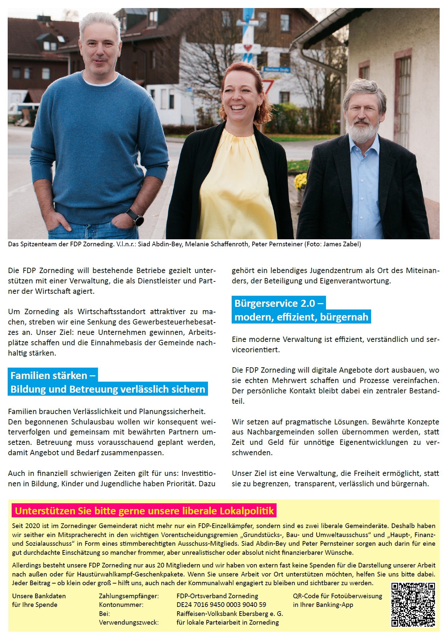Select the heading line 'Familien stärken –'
(x=53, y=375)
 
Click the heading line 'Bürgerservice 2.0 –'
(x=278, y=303)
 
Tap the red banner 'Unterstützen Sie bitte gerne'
(x=144, y=511)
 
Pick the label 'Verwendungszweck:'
(x=129, y=622)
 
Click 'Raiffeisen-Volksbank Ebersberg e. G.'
(x=230, y=614)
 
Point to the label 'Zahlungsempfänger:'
(x=129, y=596)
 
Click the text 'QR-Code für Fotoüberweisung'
(x=337, y=596)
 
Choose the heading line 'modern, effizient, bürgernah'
(x=301, y=317)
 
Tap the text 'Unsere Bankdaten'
(x=39, y=596)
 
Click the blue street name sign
(x=276, y=70)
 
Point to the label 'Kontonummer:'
(x=121, y=605)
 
